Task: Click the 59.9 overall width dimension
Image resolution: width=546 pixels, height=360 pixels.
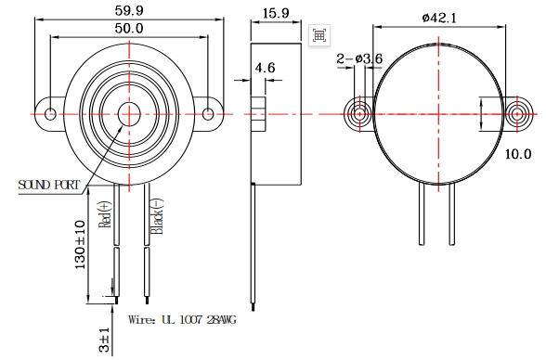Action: pyautogui.click(x=129, y=10)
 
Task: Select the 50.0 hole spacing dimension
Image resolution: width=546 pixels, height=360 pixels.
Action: pyautogui.click(x=129, y=28)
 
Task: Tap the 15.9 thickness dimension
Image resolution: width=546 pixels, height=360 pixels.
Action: pyautogui.click(x=276, y=13)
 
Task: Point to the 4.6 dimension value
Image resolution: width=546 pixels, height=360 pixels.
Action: pyautogui.click(x=265, y=68)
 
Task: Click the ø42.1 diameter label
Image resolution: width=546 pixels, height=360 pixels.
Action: pyautogui.click(x=438, y=18)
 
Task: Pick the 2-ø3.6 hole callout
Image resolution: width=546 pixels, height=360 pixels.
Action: pyautogui.click(x=359, y=58)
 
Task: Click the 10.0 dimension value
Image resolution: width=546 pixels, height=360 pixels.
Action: pyautogui.click(x=518, y=153)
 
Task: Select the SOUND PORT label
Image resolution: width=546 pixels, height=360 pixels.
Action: pyautogui.click(x=48, y=185)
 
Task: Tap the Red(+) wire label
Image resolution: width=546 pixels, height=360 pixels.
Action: pyautogui.click(x=106, y=214)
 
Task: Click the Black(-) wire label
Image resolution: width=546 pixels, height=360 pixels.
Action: pyautogui.click(x=156, y=216)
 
